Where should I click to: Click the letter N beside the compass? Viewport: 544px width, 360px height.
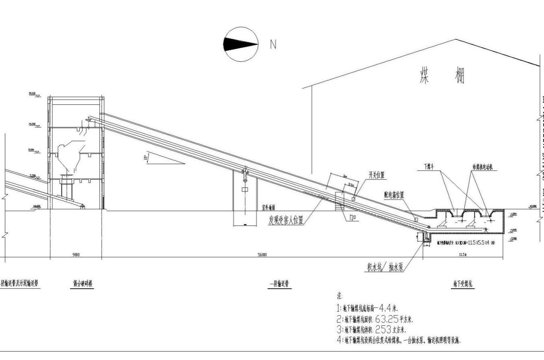click(273, 44)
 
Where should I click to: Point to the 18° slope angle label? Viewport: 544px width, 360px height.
click(145, 158)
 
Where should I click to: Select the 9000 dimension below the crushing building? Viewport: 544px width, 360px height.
click(76, 254)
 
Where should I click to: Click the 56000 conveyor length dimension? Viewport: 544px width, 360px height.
click(262, 254)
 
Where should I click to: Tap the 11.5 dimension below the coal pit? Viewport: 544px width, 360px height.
click(462, 254)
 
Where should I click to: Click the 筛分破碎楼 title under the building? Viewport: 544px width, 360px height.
click(81, 283)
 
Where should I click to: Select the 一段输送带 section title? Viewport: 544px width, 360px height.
click(279, 284)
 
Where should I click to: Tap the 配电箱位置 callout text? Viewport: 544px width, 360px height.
click(394, 195)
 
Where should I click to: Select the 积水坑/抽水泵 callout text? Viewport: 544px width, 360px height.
click(385, 266)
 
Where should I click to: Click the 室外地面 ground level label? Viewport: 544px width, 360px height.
click(268, 208)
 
